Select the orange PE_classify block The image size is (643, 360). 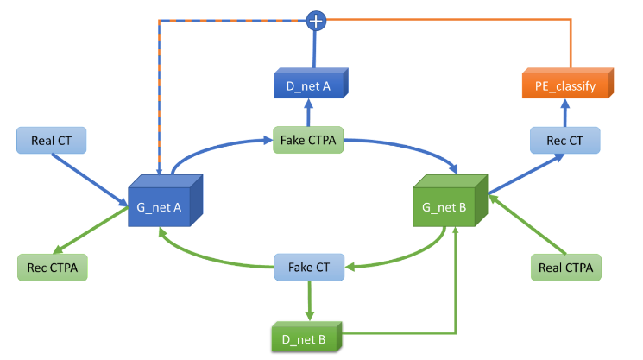[566, 85]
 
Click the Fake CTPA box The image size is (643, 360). [308, 139]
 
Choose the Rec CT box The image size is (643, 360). [564, 139]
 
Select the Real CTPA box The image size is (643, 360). [564, 267]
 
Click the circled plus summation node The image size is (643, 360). [317, 18]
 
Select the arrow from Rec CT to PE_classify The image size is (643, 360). [565, 113]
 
